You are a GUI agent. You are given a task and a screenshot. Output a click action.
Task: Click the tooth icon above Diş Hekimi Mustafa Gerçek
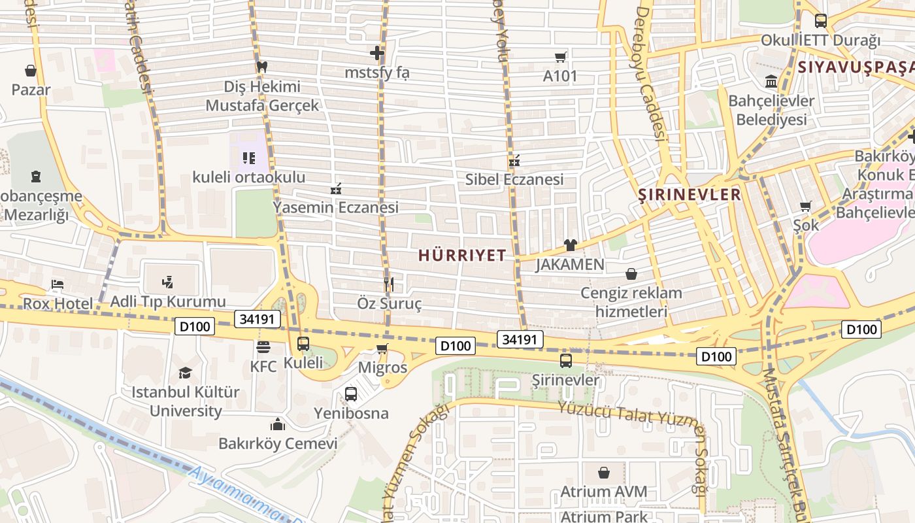tap(262, 67)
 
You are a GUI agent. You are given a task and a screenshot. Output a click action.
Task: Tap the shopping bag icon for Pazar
tap(31, 70)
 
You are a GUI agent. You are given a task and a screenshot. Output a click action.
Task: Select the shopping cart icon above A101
tap(560, 57)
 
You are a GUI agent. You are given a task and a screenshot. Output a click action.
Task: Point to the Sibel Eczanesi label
tap(514, 179)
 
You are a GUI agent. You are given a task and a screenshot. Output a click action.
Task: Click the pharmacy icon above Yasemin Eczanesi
tap(336, 189)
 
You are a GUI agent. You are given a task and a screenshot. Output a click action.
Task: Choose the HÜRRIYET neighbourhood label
tap(462, 255)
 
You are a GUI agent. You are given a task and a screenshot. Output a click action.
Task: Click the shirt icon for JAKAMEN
tap(570, 245)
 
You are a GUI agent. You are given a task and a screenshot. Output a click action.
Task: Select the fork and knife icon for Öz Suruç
tap(389, 284)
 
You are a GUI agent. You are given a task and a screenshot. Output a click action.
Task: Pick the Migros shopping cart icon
tap(382, 348)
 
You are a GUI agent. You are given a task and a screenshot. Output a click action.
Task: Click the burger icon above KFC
tap(263, 346)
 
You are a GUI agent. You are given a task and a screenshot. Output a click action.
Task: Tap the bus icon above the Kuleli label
tap(303, 343)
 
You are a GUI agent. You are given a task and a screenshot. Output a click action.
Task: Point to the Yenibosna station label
tap(351, 413)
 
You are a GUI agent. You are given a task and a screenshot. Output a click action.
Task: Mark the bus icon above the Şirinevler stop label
tap(566, 360)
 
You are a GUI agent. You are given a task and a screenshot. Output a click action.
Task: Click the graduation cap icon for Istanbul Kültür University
tap(186, 373)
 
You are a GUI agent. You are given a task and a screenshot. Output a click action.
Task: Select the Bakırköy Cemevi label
tap(278, 444)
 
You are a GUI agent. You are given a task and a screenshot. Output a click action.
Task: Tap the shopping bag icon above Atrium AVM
tap(604, 472)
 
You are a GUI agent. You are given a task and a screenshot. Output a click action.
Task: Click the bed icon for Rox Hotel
tap(58, 284)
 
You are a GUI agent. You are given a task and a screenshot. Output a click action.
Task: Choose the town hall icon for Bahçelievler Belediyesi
tap(771, 82)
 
